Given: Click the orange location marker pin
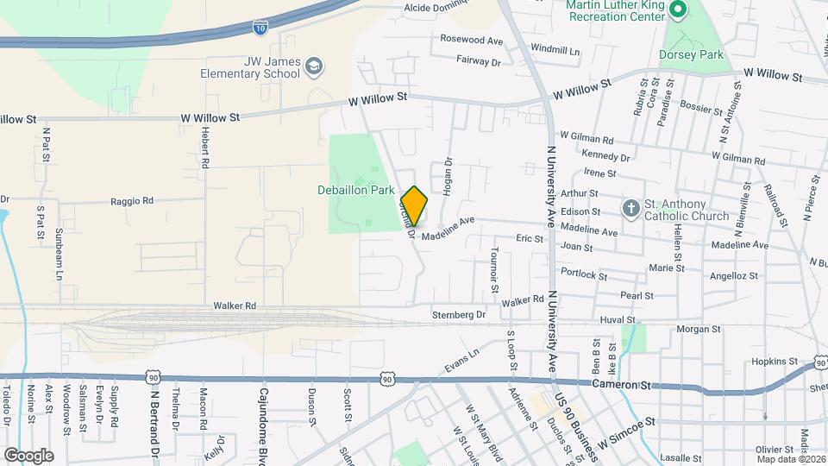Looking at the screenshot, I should coord(414,206).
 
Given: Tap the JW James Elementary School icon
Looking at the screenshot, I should coord(314,67).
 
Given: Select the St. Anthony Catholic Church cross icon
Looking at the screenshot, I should coord(631,208).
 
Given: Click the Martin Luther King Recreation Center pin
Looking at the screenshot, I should coord(678,11).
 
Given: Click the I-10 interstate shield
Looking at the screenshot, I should coord(260,28).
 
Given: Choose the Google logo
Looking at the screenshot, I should coord(28,455).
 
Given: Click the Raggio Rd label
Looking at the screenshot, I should coord(131,200).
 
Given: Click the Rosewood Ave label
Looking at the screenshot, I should coord(471,40).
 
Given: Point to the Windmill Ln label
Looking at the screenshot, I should coord(555,50).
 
